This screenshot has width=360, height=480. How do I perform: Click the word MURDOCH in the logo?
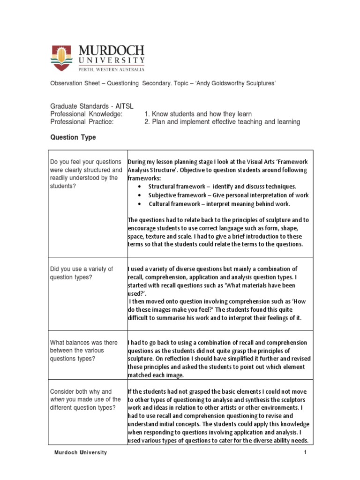(x=111, y=51)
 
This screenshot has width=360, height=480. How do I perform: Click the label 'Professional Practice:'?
(x=83, y=122)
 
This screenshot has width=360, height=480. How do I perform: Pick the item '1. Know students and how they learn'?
(x=198, y=114)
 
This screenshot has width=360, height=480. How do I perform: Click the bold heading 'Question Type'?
(x=73, y=137)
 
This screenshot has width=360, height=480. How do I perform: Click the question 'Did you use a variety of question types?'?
(x=82, y=273)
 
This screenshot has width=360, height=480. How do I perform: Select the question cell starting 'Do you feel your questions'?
(x=86, y=174)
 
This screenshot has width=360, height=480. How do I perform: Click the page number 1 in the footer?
(x=305, y=452)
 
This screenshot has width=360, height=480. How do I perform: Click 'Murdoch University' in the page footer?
(x=80, y=452)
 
